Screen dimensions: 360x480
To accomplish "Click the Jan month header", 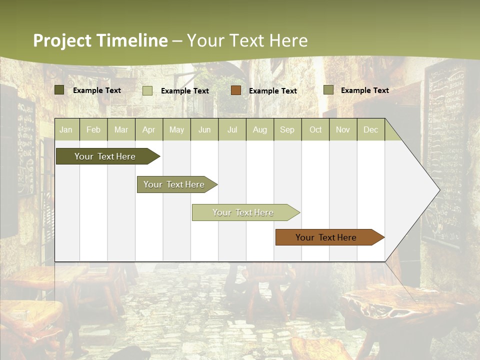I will pos(66,130).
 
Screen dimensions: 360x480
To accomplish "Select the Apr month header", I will pos(148,130).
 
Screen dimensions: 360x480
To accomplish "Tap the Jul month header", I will pos(232,130).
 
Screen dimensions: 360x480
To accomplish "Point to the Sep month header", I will pos(287,130).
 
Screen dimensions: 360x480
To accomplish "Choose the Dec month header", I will pos(370,130).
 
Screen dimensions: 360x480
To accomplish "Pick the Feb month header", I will pos(93,130).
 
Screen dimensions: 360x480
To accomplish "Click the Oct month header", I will pos(315,130).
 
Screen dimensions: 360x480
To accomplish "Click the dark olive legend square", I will pos(59,90).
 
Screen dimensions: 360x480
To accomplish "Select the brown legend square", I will pos(236,90).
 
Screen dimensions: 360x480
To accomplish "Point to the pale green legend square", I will pos(147,90).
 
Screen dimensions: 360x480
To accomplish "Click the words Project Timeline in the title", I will pos(100,40).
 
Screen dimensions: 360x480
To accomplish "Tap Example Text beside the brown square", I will pos(273,91).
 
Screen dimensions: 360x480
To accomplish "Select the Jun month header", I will pos(204,130).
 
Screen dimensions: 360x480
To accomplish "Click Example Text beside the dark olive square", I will pos(97,90).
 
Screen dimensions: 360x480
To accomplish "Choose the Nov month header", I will pos(343,130).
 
